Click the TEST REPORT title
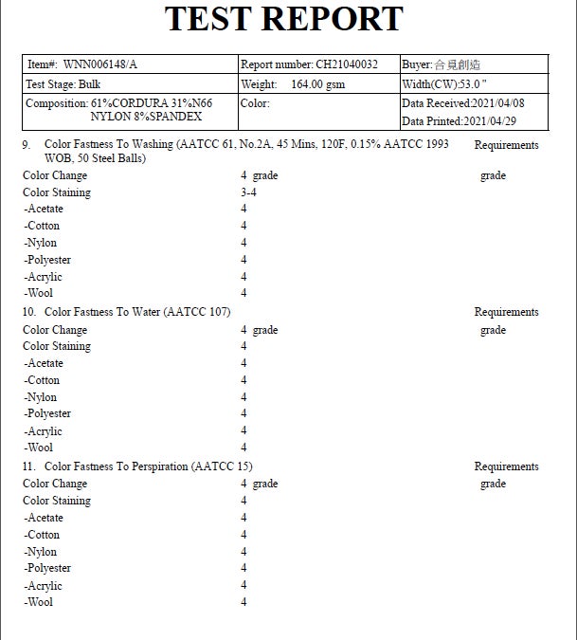(x=284, y=19)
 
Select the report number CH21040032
(x=346, y=65)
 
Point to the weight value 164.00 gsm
(x=317, y=84)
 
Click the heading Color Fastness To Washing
(x=109, y=145)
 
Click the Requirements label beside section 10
(x=506, y=312)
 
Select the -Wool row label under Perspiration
(x=40, y=602)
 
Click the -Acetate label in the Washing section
(x=45, y=209)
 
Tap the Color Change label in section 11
(x=55, y=484)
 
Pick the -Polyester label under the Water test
(x=48, y=413)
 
